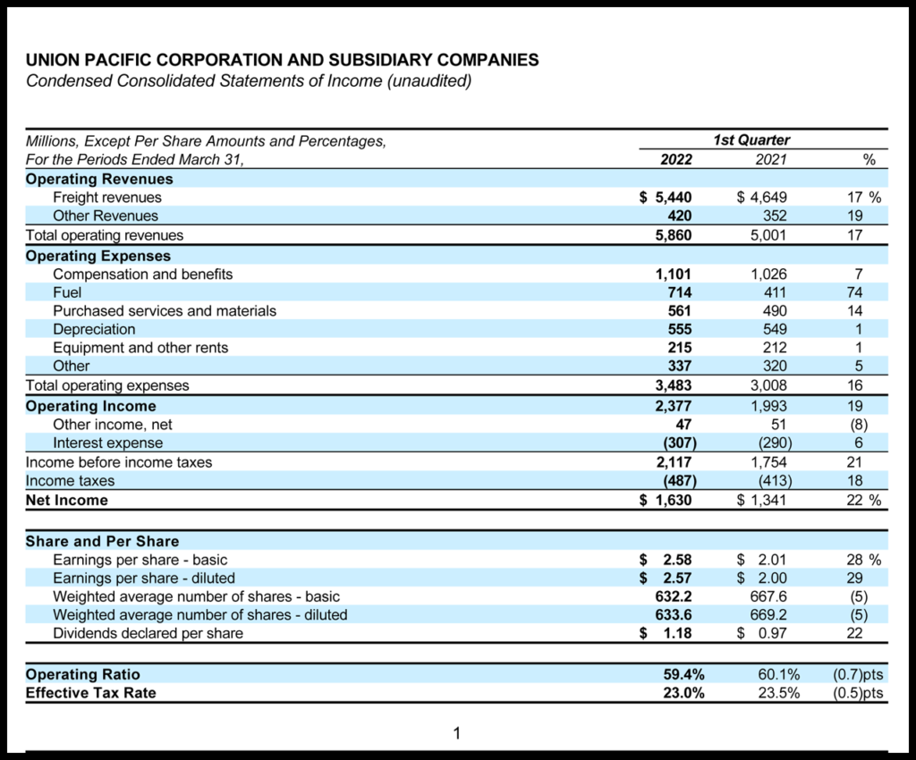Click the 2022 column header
coord(675,160)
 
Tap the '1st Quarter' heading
coord(751,140)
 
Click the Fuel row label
coord(68,292)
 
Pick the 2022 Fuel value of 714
coord(675,292)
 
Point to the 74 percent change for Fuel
coord(854,292)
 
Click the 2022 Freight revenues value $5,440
coord(666,198)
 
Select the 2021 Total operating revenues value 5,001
coord(768,235)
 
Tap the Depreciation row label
coord(94,329)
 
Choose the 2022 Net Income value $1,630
coord(666,500)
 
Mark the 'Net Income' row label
coord(66,500)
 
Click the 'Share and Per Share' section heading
coord(102,541)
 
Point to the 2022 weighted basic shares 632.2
coord(674,596)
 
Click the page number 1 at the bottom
coord(456,734)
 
